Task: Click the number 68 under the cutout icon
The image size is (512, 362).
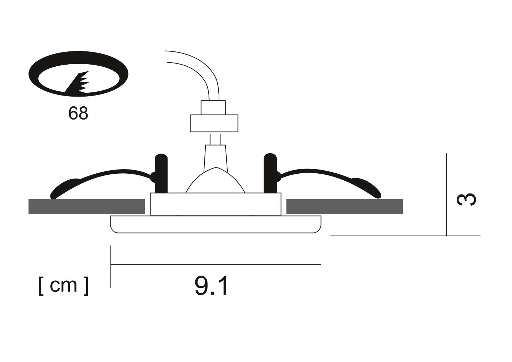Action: tap(78, 113)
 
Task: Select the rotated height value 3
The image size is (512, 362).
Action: tap(466, 199)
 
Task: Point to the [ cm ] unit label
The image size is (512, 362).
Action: tap(64, 286)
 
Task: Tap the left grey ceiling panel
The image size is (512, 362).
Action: tap(87, 206)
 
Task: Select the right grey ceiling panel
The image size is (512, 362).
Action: tap(344, 206)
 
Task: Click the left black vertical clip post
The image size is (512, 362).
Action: tap(161, 174)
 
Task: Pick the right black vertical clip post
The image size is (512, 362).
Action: tap(270, 174)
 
